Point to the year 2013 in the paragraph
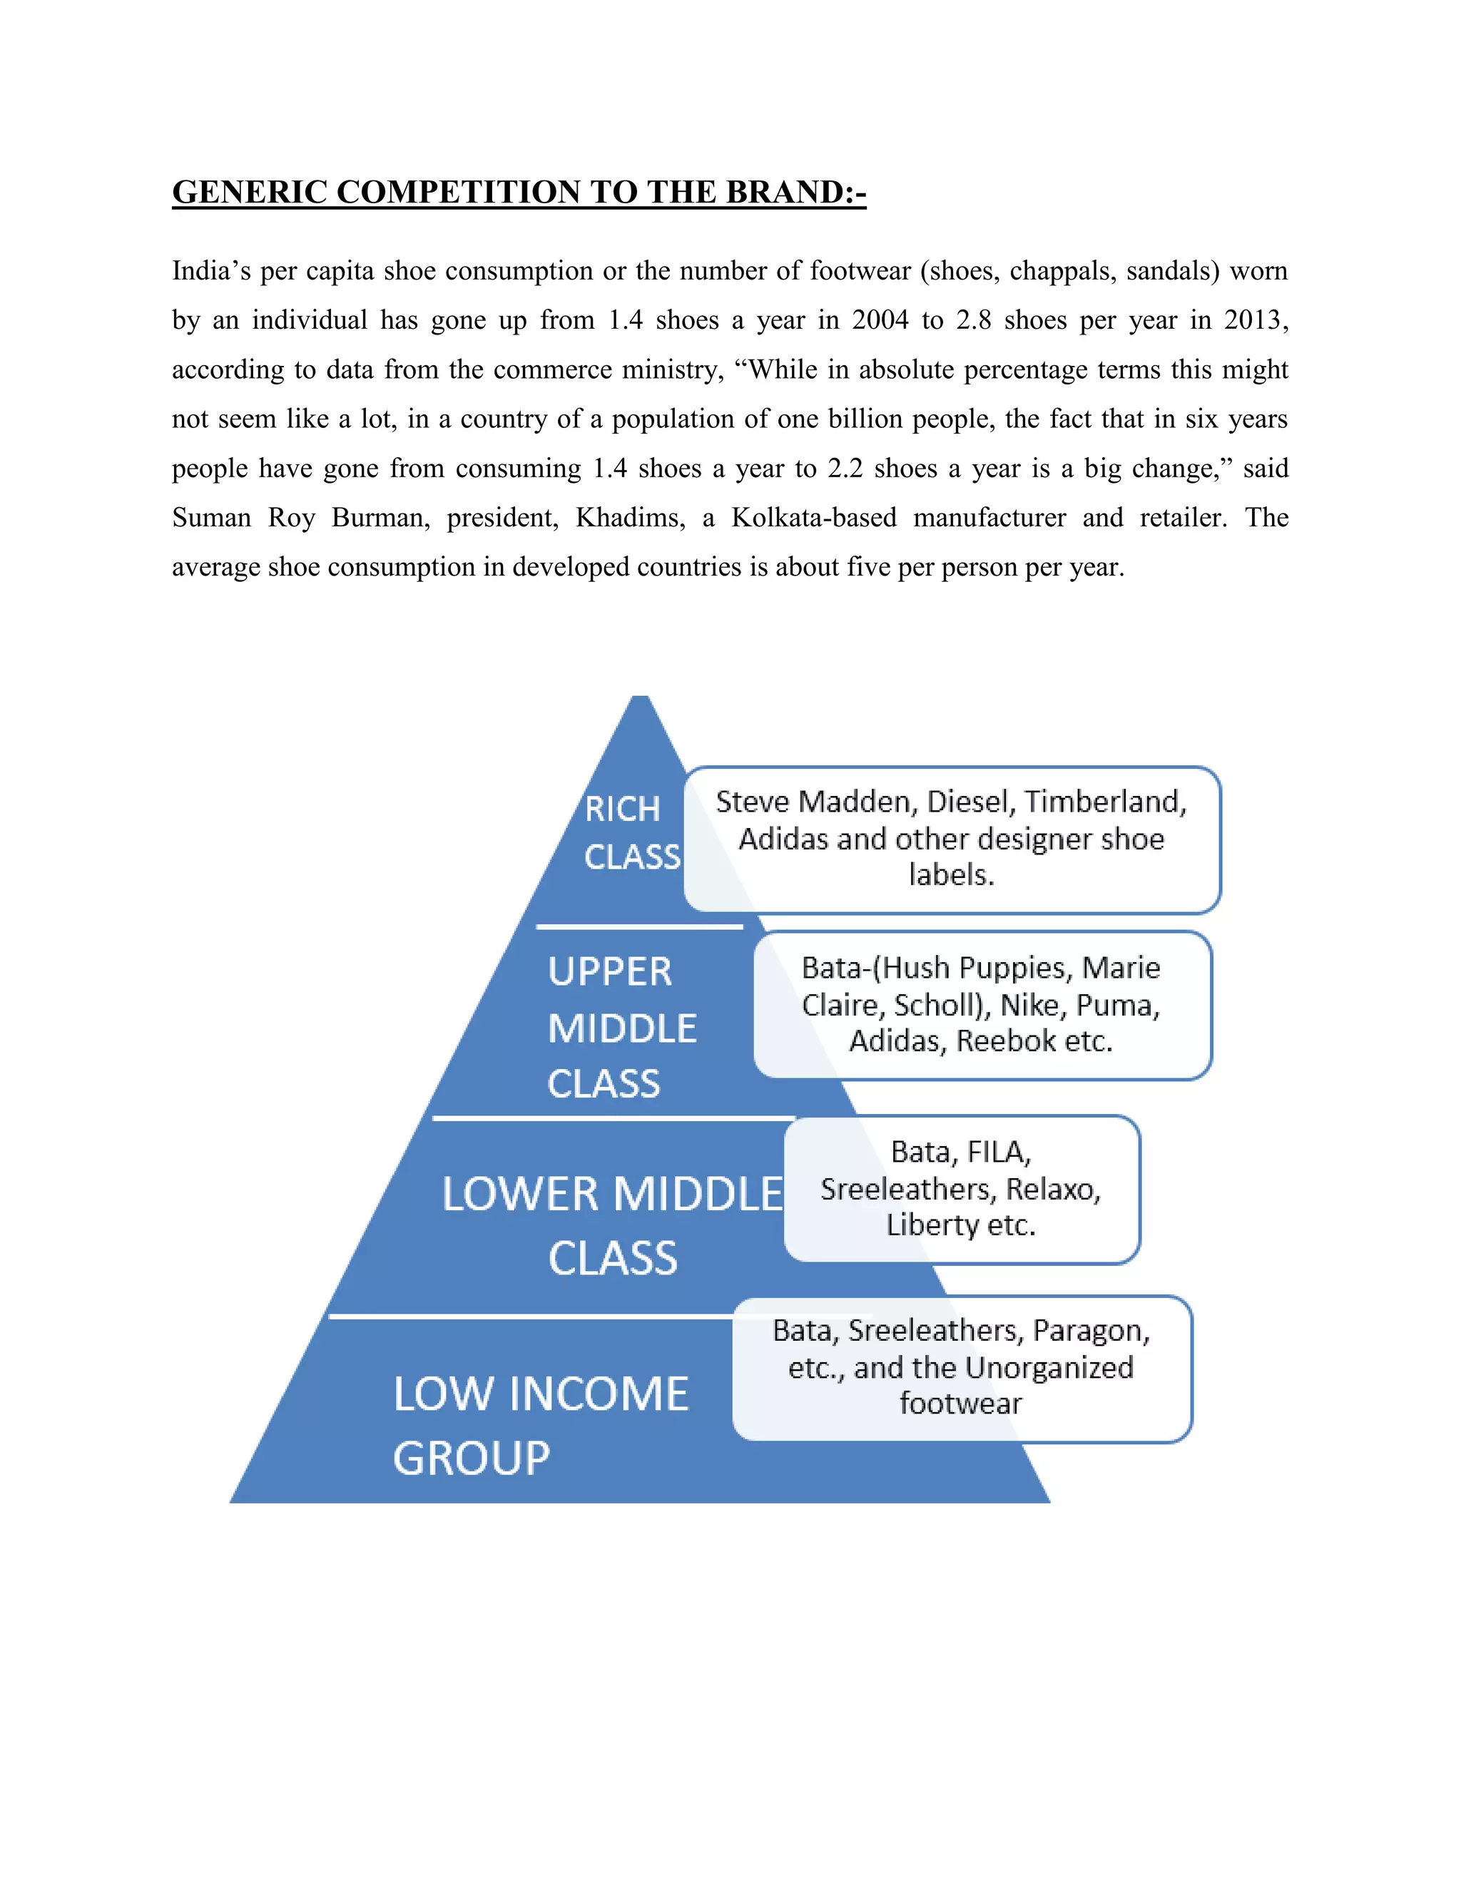click(x=1253, y=320)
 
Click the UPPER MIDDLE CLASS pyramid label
click(x=621, y=1027)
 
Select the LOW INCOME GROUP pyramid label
click(x=540, y=1425)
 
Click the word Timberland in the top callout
click(x=1104, y=802)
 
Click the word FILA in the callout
click(x=997, y=1152)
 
